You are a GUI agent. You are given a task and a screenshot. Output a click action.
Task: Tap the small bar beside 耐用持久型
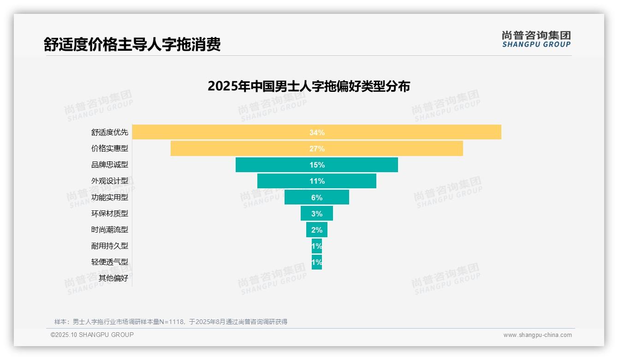click(317, 246)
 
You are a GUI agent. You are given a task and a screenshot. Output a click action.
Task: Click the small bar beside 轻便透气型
click(317, 262)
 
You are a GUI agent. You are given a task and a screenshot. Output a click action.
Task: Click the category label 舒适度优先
click(109, 132)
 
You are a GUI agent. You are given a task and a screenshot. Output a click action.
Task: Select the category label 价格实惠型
click(109, 149)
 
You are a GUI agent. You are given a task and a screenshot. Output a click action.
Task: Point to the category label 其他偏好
click(113, 278)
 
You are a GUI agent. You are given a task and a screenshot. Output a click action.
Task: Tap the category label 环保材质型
click(109, 213)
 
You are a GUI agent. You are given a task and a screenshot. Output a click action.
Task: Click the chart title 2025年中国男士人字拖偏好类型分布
click(309, 86)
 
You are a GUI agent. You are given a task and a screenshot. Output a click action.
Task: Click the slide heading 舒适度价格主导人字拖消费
click(132, 44)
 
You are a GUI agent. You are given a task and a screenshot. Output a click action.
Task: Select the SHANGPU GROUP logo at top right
click(536, 39)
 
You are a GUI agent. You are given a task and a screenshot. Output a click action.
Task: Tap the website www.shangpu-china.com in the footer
click(537, 335)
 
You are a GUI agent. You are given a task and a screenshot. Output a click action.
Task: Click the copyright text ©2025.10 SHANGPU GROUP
click(92, 335)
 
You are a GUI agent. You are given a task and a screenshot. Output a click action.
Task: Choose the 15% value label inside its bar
click(317, 165)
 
